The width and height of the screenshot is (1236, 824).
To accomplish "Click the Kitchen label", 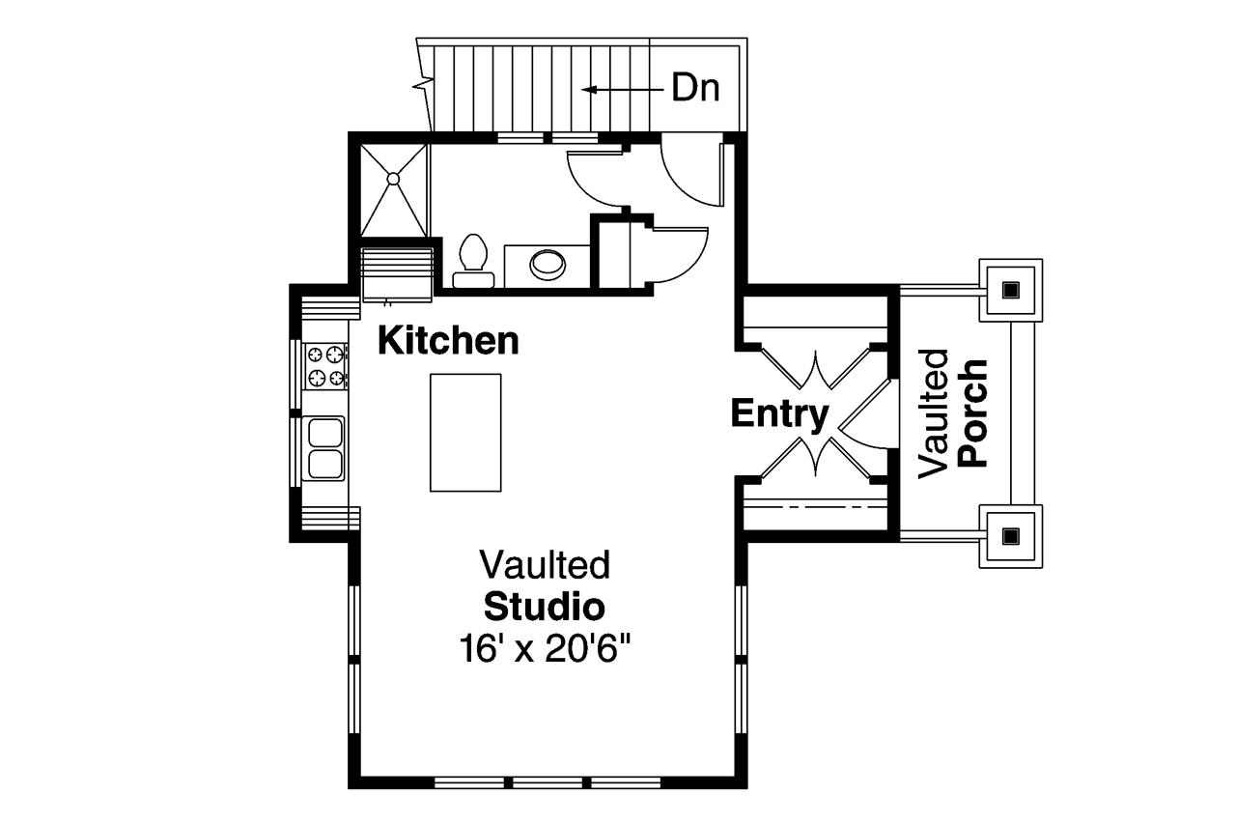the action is [448, 341].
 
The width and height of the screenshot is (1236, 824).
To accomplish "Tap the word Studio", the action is [545, 607].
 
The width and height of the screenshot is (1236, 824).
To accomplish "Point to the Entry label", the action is [779, 414].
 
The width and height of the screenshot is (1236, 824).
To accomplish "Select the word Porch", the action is [972, 412].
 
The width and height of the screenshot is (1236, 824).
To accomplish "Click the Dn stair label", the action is [695, 88].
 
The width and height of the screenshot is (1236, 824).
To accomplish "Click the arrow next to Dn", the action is [623, 89].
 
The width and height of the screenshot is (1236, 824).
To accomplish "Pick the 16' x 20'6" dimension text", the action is [545, 649].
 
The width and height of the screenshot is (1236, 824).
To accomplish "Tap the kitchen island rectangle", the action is [465, 433].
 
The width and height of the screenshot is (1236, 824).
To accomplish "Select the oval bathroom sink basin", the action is [548, 265].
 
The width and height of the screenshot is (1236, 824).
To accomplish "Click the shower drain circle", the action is [393, 179].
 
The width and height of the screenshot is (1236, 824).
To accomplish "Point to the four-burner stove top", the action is [325, 366].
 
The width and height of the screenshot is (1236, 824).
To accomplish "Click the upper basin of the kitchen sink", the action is [325, 431].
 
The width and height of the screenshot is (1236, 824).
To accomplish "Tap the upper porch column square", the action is [1011, 291].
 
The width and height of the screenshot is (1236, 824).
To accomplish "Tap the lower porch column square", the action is [1011, 536].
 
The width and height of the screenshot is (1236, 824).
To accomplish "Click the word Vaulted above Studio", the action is [545, 564].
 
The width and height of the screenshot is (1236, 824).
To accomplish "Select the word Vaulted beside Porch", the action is [933, 413].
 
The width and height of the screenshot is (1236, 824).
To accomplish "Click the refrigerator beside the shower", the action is [397, 275].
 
